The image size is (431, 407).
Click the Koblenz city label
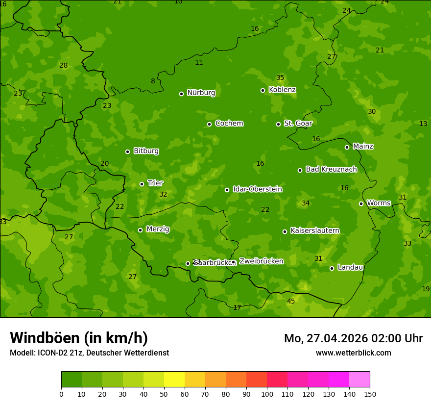pyautogui.click(x=282, y=90)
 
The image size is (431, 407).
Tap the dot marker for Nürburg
pyautogui.click(x=181, y=94)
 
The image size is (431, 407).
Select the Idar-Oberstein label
pyautogui.click(x=257, y=189)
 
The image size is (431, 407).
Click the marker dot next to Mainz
pyautogui.click(x=347, y=147)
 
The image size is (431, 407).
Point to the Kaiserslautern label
pyautogui.click(x=314, y=230)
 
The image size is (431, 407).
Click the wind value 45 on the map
pyautogui.click(x=291, y=301)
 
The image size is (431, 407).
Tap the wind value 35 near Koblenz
pyautogui.click(x=280, y=77)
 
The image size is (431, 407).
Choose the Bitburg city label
pyautogui.click(x=146, y=151)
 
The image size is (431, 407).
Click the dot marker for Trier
pyautogui.click(x=142, y=184)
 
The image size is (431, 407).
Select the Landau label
pyautogui.click(x=350, y=267)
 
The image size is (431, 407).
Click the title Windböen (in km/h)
pyautogui.click(x=79, y=338)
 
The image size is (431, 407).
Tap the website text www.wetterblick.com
pyautogui.click(x=353, y=353)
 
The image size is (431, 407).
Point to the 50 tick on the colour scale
pyautogui.click(x=164, y=393)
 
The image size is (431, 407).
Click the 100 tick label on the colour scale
pyautogui.click(x=267, y=393)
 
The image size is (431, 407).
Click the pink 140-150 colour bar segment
pyautogui.click(x=359, y=379)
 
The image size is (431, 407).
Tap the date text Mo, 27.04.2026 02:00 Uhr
pyautogui.click(x=353, y=338)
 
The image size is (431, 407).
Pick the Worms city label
pyautogui.click(x=379, y=203)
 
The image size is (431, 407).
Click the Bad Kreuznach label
pyautogui.click(x=331, y=169)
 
